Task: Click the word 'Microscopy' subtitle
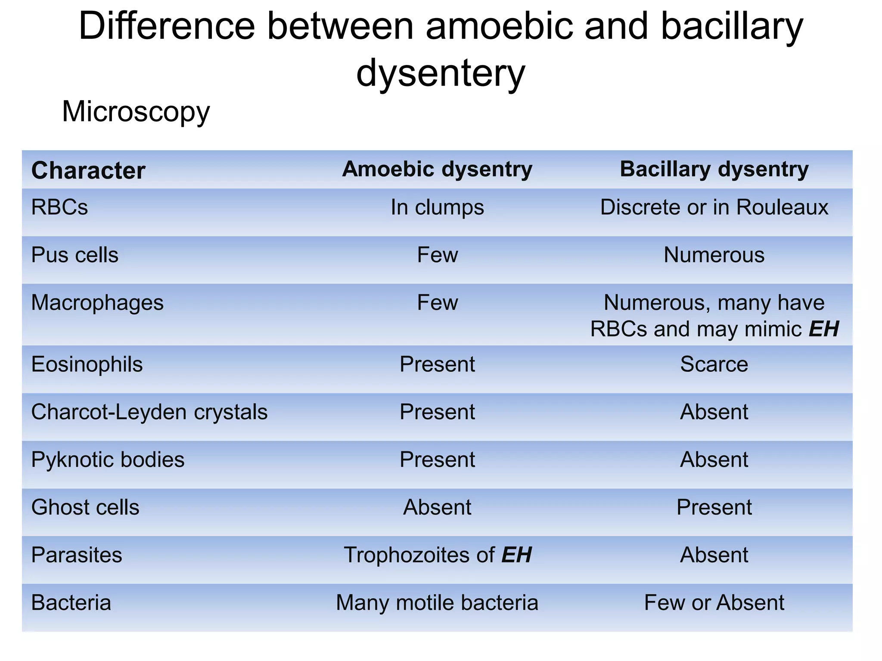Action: point(136,111)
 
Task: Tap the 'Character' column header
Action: point(88,170)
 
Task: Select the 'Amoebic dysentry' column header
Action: point(437,169)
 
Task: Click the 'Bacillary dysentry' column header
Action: point(714,169)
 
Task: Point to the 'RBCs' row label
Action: point(59,207)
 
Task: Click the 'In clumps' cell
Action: point(437,207)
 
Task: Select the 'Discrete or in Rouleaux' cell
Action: point(714,207)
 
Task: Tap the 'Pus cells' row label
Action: point(75,255)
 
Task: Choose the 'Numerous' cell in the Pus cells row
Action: point(714,255)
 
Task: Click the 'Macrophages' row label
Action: point(97,303)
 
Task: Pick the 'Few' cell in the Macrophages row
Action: point(437,303)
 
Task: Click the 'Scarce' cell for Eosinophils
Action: point(714,364)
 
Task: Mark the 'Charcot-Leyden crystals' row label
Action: point(149,412)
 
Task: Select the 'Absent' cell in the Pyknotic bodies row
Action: point(714,460)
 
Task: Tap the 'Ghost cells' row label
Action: point(85,507)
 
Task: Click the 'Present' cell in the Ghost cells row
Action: point(714,507)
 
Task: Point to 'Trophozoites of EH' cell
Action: point(437,555)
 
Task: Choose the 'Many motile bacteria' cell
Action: point(437,602)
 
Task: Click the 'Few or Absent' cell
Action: point(714,602)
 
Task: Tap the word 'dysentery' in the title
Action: point(441,72)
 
